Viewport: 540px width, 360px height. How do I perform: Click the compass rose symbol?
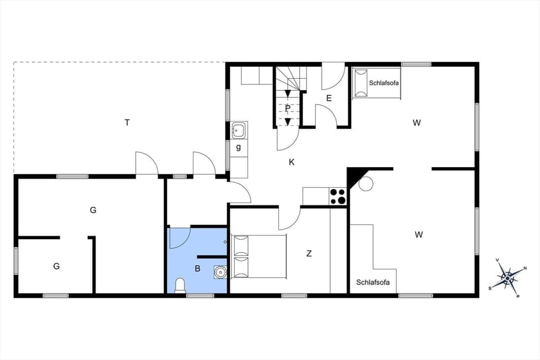[508, 277]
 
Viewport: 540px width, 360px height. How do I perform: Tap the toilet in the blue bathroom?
[180, 286]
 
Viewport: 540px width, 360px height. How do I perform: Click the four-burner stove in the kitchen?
[337, 196]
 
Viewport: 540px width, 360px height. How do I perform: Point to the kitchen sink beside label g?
[238, 130]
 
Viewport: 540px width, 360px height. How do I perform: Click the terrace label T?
[128, 122]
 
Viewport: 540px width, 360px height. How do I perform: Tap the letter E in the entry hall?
[329, 98]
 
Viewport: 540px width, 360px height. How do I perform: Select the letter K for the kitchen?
[291, 162]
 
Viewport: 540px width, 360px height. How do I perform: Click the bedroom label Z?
[309, 254]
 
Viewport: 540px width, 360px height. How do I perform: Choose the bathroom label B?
[197, 269]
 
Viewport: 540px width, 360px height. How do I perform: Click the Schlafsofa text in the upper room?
[384, 83]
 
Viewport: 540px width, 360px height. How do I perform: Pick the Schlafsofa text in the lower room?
[372, 282]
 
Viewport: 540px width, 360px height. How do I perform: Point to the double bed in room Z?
[259, 256]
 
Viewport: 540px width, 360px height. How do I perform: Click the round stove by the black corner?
[366, 184]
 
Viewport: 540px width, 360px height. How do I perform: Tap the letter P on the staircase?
[287, 107]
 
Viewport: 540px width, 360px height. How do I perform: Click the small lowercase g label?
[238, 147]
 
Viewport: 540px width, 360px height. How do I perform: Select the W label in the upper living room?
[417, 123]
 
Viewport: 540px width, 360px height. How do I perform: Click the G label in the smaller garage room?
[56, 266]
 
